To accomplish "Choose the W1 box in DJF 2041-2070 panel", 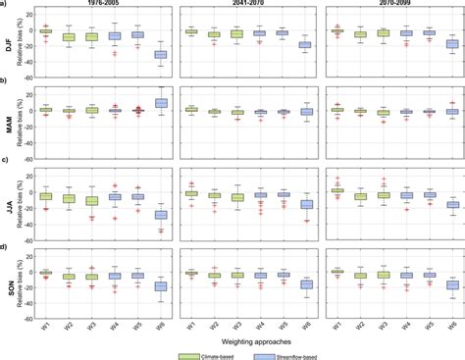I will tap(191, 31).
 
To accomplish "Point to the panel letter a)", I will tap(6, 4).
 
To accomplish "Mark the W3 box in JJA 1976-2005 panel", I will tap(90, 200).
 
